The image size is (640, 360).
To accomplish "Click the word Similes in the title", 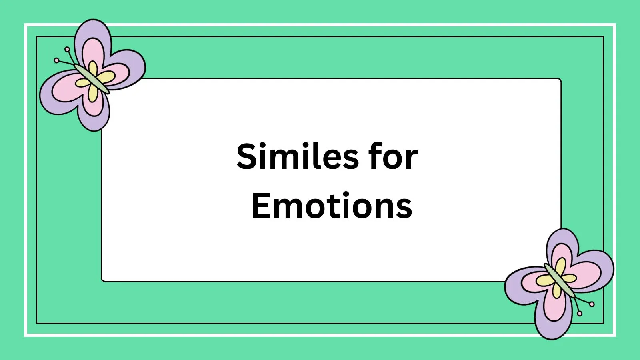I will coord(298,157).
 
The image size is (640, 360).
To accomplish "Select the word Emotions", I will coord(332,206).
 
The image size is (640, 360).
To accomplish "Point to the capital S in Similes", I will coord(247,157).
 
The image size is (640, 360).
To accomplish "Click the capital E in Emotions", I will coord(260,206).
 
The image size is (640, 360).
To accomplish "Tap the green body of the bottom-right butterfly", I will coord(559,280).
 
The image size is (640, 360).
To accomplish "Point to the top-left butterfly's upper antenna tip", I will coord(67,50).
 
